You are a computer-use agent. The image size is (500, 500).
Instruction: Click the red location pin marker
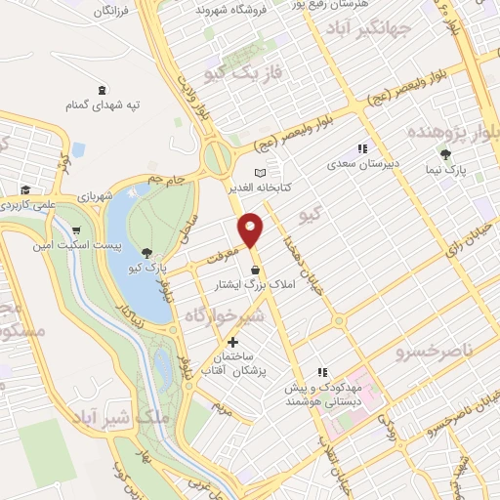click(x=252, y=229)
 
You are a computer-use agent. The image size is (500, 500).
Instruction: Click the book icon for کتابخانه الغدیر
click(x=287, y=168)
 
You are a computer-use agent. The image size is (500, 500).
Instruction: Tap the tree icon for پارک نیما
click(x=446, y=154)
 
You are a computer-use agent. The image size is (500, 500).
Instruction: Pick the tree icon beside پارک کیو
click(x=146, y=251)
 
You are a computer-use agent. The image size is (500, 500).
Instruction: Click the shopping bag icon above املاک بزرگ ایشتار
click(x=255, y=271)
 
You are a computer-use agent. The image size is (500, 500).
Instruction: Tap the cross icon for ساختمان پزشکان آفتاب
click(x=232, y=343)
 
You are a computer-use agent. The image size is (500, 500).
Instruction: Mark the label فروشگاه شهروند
click(x=229, y=9)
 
